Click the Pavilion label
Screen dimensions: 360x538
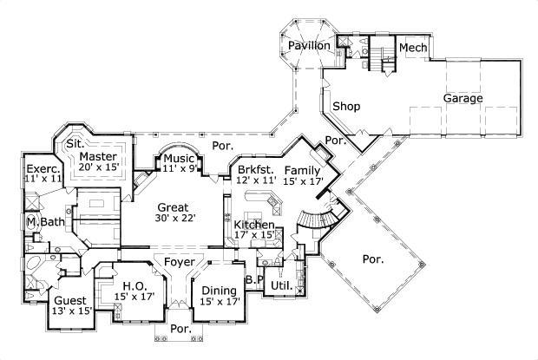[x=309, y=45]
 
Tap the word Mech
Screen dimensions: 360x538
[x=413, y=48]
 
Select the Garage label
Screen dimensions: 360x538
[x=464, y=99]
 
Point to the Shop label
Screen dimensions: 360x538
[x=345, y=107]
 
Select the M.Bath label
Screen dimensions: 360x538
[x=43, y=223]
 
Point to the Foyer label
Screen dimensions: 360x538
[x=180, y=261]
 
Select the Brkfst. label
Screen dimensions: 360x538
[x=254, y=170]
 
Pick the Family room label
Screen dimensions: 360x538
[x=302, y=170]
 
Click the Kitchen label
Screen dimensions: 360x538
[x=254, y=225]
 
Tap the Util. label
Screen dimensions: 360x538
[x=280, y=284]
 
